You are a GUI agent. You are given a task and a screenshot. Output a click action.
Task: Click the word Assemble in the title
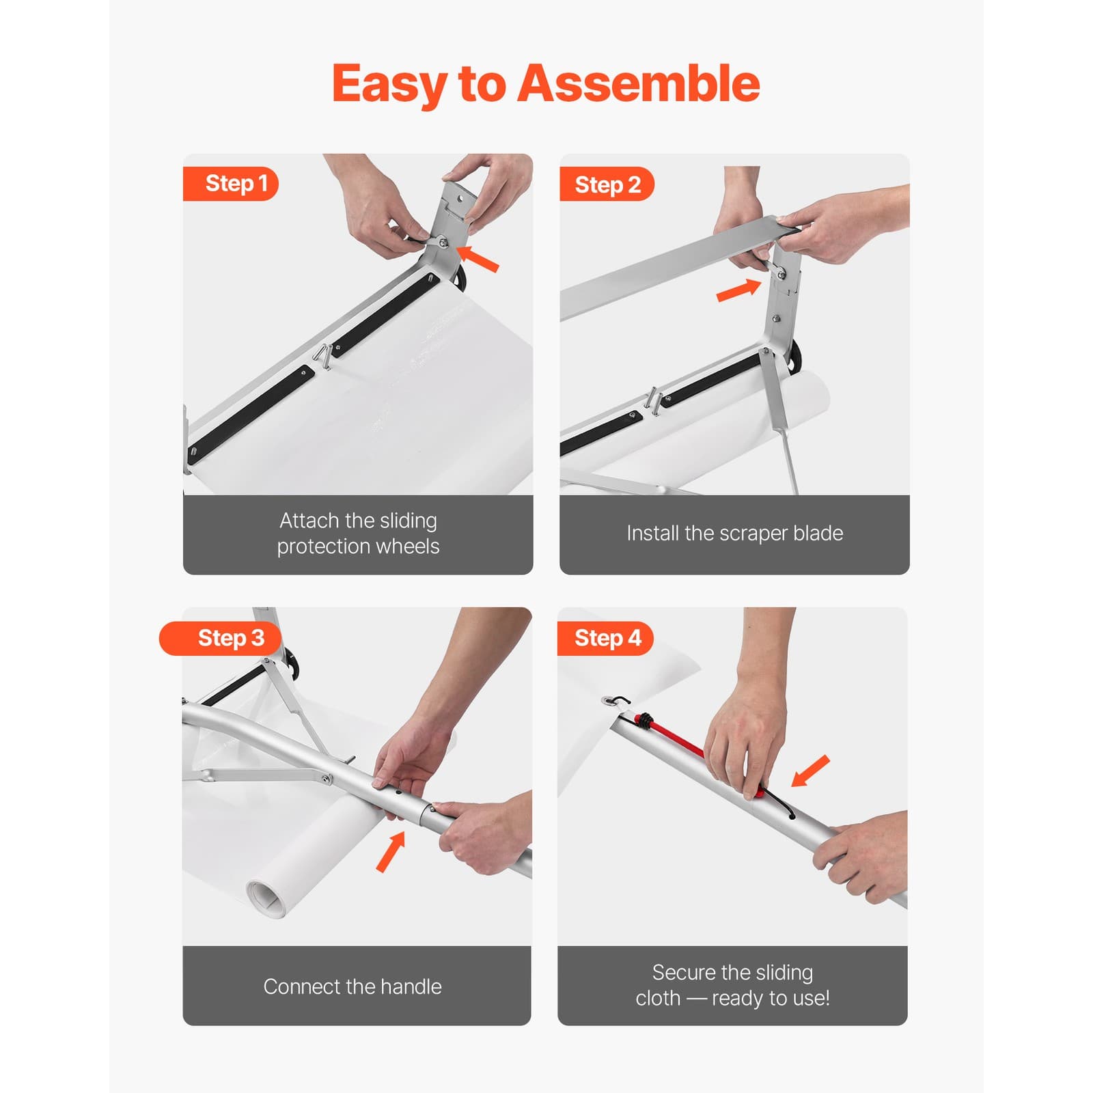coord(638,83)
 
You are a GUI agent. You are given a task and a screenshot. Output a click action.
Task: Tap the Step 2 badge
coord(607,184)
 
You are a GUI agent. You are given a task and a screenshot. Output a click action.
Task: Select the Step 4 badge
coord(607,638)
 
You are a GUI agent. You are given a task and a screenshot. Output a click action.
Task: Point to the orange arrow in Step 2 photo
coord(738,290)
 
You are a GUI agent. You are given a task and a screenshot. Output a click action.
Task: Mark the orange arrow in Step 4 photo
coord(811,772)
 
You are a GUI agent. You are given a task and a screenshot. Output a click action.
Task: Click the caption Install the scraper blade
coord(734,534)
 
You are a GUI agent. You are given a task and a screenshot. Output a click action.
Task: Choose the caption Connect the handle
coord(352,986)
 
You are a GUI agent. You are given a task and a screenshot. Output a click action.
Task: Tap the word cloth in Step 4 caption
coord(658,998)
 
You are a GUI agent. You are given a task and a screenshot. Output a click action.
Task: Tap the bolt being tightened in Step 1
coord(441,242)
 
